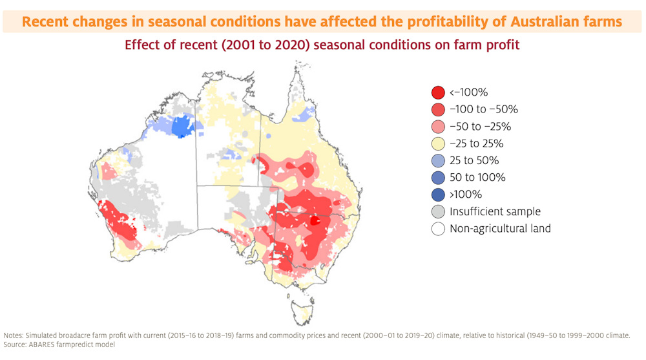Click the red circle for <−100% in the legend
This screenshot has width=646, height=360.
(438, 93)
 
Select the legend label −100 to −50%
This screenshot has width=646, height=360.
(483, 110)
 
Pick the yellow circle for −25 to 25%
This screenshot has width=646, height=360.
(438, 143)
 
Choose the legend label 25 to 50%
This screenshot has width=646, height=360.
(474, 160)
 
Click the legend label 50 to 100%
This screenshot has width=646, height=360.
(477, 177)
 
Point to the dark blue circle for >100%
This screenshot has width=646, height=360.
(438, 194)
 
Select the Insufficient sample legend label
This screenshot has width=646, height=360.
(495, 211)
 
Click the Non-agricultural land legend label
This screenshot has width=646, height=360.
(500, 228)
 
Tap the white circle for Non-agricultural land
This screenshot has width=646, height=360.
(438, 228)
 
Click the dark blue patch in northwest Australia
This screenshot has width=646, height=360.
(183, 125)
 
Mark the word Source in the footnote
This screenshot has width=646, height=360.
(17, 344)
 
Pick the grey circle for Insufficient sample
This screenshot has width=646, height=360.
(438, 211)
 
